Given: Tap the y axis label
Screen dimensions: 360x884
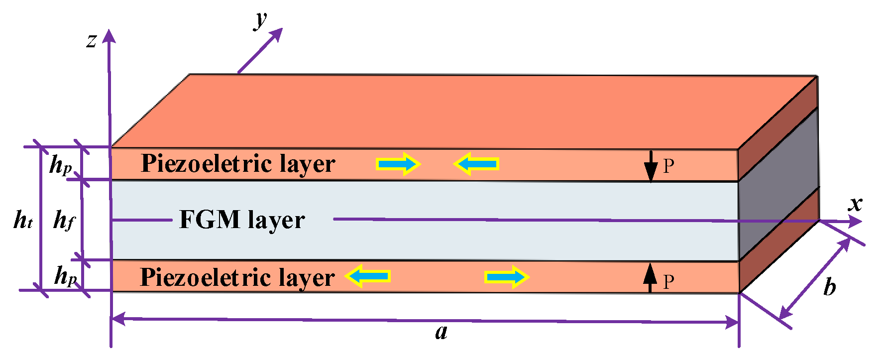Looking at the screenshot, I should tap(260, 20).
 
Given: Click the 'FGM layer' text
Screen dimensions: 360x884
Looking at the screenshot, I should tap(242, 220).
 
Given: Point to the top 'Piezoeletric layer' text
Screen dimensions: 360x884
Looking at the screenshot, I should tap(238, 164).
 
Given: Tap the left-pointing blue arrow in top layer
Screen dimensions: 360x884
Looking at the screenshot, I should tap(476, 163).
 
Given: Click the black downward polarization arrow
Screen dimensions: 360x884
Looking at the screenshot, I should tap(650, 166).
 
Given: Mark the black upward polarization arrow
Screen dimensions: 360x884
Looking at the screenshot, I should tap(649, 278).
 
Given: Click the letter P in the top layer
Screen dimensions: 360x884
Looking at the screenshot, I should tap(668, 166).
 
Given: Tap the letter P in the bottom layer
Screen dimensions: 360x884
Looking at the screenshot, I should tap(668, 282).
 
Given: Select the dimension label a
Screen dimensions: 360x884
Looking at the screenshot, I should tap(442, 332).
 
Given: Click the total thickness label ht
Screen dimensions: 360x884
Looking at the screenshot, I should tap(23, 219).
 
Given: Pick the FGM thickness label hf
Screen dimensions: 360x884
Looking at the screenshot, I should tap(64, 220).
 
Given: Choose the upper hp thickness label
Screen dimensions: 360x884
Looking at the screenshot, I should tap(61, 164).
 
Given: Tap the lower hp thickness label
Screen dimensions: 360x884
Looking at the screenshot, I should tap(66, 275).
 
